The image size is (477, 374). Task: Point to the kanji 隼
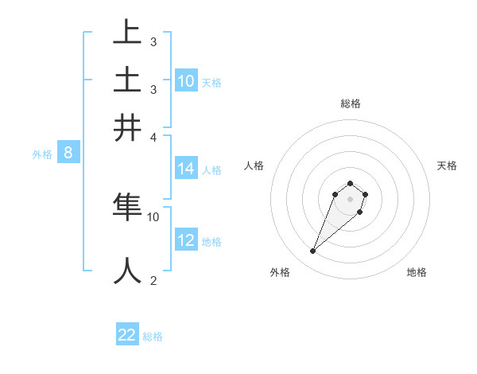[x=127, y=207]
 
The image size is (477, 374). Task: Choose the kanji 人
[x=127, y=271]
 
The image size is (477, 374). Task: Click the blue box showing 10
[x=186, y=81]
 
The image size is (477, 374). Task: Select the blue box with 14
[x=186, y=169]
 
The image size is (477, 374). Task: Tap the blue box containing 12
[x=186, y=240]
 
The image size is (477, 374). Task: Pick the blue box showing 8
[x=68, y=153]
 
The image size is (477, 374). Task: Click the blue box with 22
[x=127, y=335]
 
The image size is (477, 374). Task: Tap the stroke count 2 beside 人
[x=153, y=280]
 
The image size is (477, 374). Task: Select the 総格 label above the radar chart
[x=350, y=103]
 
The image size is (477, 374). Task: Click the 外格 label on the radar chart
[x=280, y=272]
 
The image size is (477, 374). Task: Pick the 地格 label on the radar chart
[x=417, y=272]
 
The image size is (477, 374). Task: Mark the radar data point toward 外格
[x=313, y=251]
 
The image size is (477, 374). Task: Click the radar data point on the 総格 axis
[x=350, y=184]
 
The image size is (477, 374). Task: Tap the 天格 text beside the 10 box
[x=211, y=82]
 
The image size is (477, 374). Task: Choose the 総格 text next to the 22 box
[x=153, y=336]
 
